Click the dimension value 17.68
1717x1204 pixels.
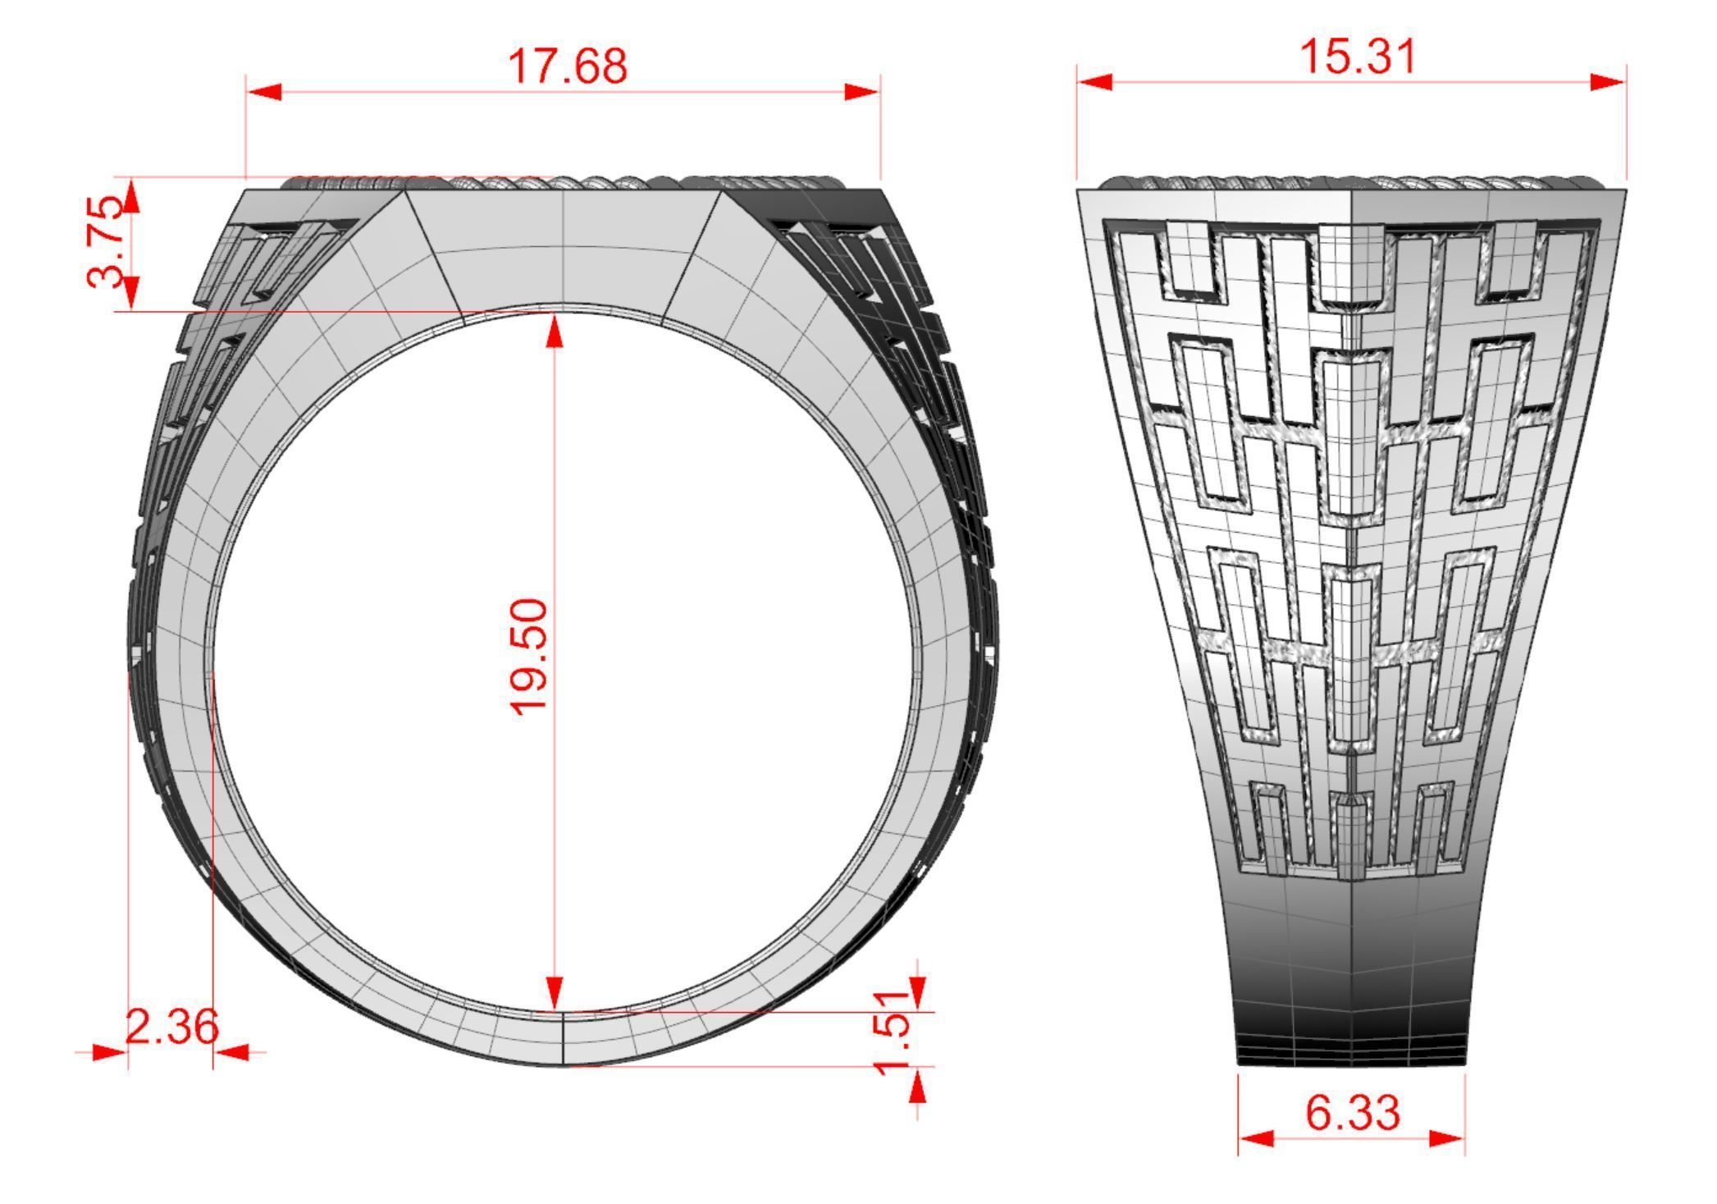click(x=567, y=66)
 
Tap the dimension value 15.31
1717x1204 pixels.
click(x=1359, y=57)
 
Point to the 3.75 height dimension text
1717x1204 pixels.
click(x=107, y=241)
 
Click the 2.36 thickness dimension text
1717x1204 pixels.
click(x=171, y=1026)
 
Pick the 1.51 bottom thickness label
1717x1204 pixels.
click(x=893, y=1032)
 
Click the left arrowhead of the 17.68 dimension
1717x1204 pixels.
click(x=263, y=92)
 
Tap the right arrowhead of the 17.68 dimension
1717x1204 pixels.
click(x=863, y=92)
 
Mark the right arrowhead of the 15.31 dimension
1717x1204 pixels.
click(x=1608, y=82)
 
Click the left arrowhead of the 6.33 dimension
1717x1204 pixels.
click(x=1255, y=1138)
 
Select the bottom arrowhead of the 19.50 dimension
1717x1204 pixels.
click(x=555, y=993)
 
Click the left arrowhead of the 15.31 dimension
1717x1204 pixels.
click(x=1095, y=82)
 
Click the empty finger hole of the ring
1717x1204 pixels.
click(x=697, y=657)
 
